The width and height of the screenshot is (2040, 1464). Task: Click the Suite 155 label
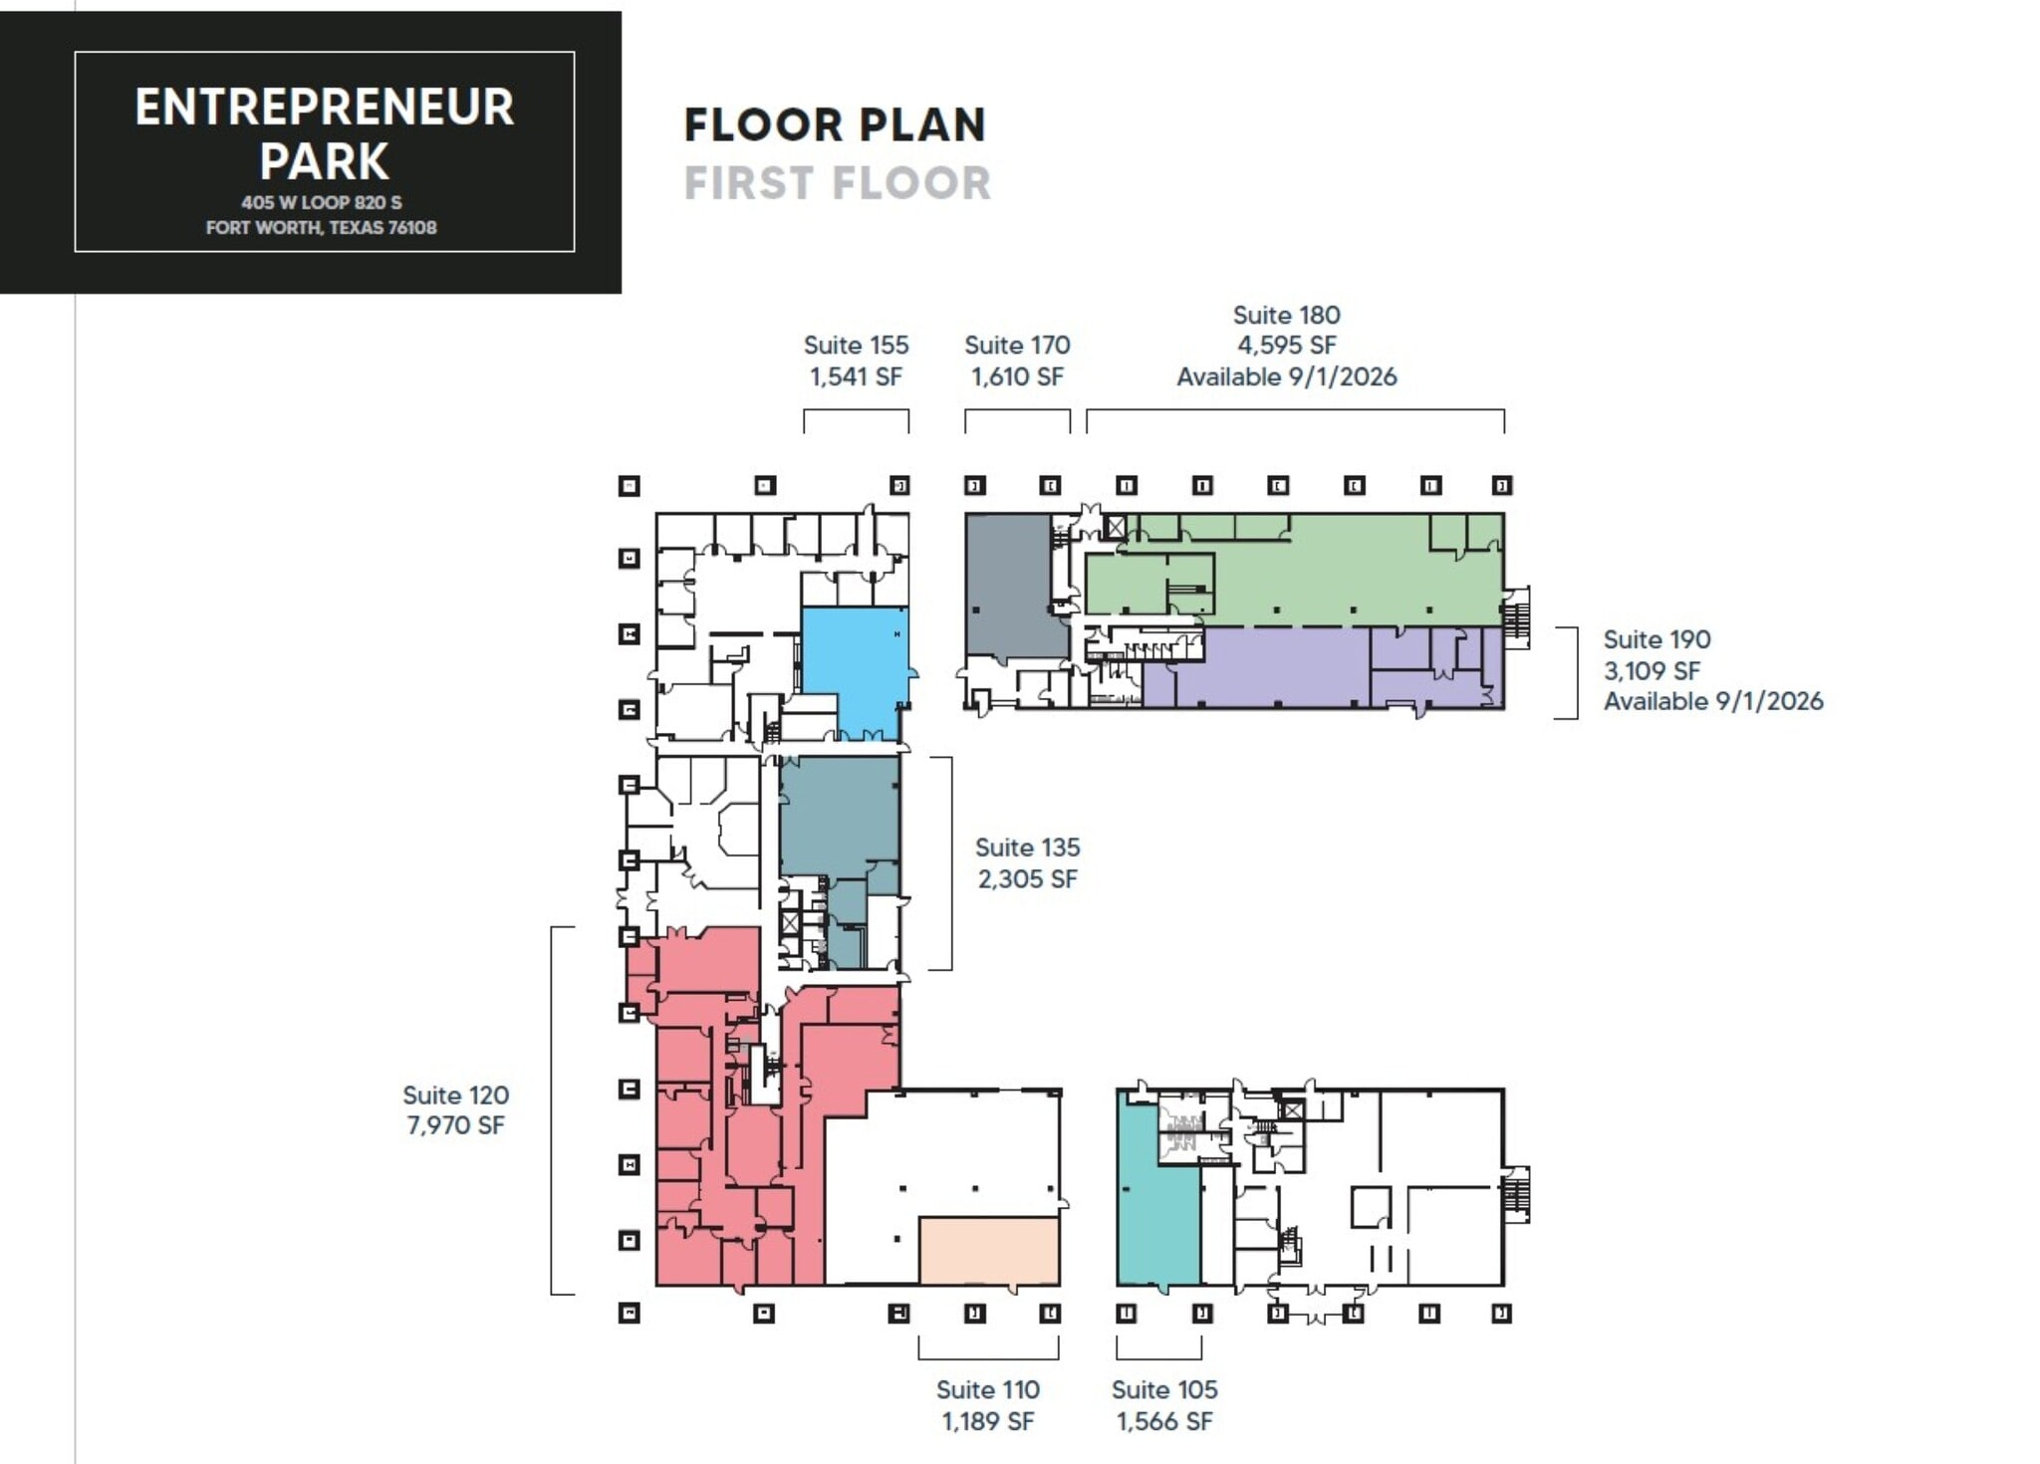(856, 346)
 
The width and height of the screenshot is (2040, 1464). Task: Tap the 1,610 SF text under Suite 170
(1017, 376)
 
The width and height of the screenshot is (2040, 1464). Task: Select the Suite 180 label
(1286, 315)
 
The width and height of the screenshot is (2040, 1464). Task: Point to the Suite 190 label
(1657, 639)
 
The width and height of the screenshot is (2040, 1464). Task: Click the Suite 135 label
(1027, 848)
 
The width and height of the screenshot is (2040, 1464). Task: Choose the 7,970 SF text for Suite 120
(455, 1125)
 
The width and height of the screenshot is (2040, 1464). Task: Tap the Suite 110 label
(987, 1389)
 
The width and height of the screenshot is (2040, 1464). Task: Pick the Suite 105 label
(1164, 1389)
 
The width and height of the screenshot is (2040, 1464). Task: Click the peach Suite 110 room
(988, 1250)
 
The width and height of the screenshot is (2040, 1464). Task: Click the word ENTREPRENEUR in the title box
(325, 108)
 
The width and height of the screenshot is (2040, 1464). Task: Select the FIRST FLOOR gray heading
(838, 183)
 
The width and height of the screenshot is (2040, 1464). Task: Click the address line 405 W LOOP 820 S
(322, 202)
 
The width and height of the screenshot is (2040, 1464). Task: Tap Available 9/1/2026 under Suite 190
(1713, 701)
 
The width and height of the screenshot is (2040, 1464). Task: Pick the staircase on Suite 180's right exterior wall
(1516, 617)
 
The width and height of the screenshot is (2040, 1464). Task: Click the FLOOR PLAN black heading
(835, 125)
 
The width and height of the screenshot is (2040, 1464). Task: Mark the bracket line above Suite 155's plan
(856, 410)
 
